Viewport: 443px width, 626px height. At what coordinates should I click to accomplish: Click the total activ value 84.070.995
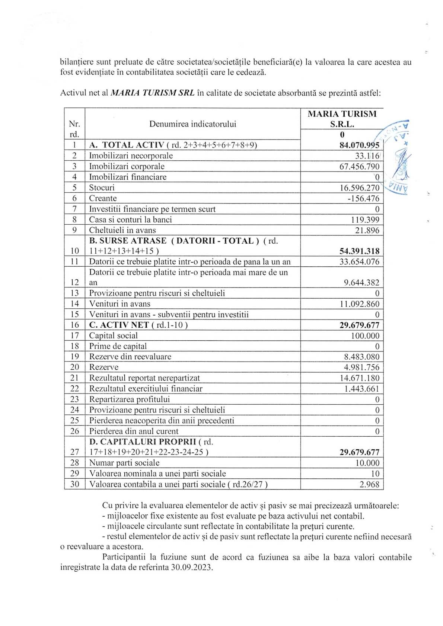(359, 145)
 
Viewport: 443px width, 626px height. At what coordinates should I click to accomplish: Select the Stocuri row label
(102, 188)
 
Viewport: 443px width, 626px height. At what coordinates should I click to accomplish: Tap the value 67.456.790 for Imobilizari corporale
(359, 167)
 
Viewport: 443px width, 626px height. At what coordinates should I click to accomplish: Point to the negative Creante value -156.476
(363, 199)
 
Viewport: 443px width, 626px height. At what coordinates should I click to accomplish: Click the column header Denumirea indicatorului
(192, 124)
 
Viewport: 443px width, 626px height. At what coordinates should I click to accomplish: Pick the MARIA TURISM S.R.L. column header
(342, 119)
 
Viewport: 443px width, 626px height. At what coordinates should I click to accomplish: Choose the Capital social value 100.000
(365, 336)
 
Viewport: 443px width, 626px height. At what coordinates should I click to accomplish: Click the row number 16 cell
(74, 325)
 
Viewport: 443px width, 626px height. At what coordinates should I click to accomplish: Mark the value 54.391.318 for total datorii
(359, 251)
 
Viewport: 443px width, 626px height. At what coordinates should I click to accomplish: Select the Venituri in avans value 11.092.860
(359, 304)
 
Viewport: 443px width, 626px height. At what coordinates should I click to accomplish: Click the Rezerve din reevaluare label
(130, 357)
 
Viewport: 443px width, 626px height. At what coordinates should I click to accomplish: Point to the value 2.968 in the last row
(369, 485)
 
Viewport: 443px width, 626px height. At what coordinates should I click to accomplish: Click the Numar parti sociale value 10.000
(367, 463)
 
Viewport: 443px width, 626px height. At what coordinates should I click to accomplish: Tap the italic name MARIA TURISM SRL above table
(152, 93)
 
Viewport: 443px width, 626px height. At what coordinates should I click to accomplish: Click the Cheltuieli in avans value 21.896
(367, 231)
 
